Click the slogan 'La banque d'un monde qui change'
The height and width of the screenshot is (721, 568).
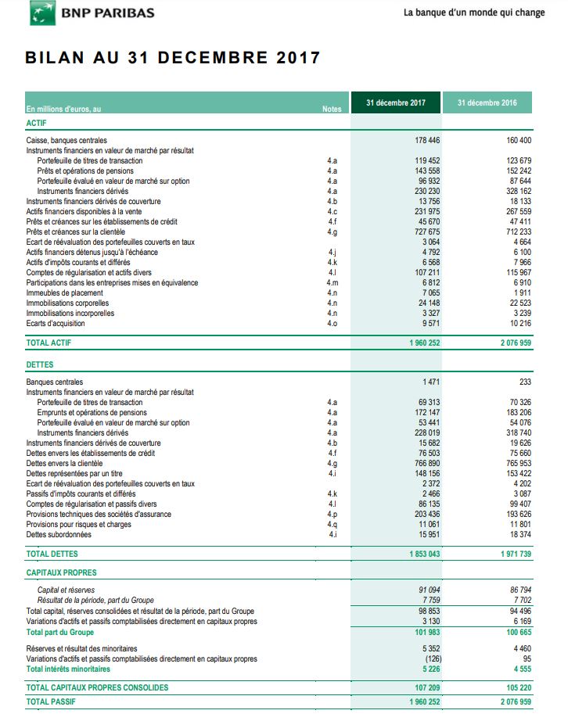(x=473, y=13)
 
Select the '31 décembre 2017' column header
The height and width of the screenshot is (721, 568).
(x=396, y=102)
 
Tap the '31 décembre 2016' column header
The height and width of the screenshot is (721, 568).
(x=487, y=102)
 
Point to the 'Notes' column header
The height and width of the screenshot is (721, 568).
(x=332, y=109)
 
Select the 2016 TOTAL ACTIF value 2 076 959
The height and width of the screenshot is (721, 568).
(x=512, y=343)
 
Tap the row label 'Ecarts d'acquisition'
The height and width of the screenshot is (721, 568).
(x=56, y=324)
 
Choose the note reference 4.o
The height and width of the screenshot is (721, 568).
(x=332, y=324)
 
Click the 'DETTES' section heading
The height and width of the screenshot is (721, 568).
(x=40, y=365)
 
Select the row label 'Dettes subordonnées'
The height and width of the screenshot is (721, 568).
(x=59, y=535)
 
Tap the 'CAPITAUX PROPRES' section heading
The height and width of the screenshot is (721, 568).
(x=61, y=573)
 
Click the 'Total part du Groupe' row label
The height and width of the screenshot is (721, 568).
(x=60, y=632)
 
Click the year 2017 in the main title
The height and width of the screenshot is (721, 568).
(x=298, y=58)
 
